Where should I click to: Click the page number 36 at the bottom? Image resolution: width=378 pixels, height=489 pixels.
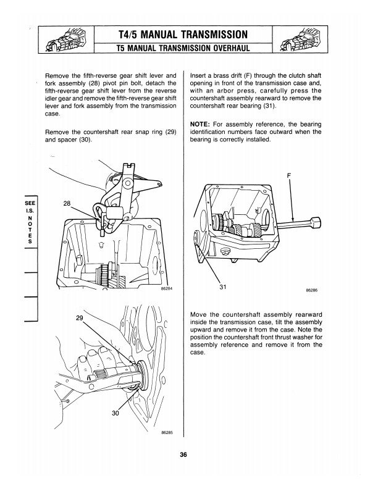tap(183, 456)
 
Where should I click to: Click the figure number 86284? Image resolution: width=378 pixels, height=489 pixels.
tap(166, 288)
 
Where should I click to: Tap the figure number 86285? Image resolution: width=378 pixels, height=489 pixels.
tap(166, 432)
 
